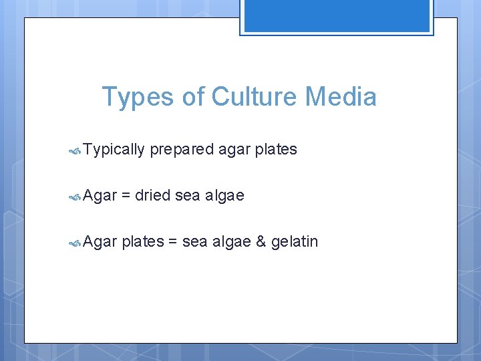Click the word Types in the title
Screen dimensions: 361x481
tap(138, 97)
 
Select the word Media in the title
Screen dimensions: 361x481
tap(341, 97)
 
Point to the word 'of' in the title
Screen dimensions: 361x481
tap(193, 97)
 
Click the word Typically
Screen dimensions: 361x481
tap(114, 150)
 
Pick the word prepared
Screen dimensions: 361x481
tap(182, 150)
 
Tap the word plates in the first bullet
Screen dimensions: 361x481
tap(276, 150)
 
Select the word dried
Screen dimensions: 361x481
tap(152, 195)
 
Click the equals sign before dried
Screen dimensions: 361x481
tap(126, 196)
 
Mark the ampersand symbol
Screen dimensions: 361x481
tap(261, 241)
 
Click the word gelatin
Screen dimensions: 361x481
tap(295, 241)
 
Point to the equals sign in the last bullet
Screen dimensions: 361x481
tap(172, 241)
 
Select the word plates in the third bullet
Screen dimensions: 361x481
tap(143, 241)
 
